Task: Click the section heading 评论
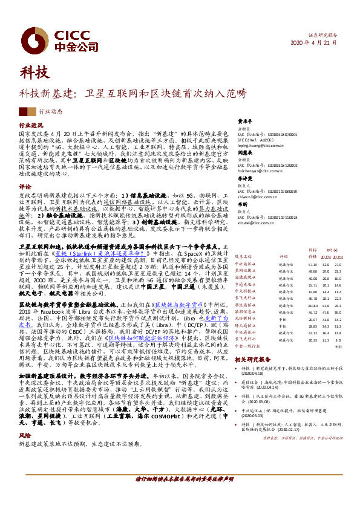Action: click(25, 187)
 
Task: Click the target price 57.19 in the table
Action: click(313, 264)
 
